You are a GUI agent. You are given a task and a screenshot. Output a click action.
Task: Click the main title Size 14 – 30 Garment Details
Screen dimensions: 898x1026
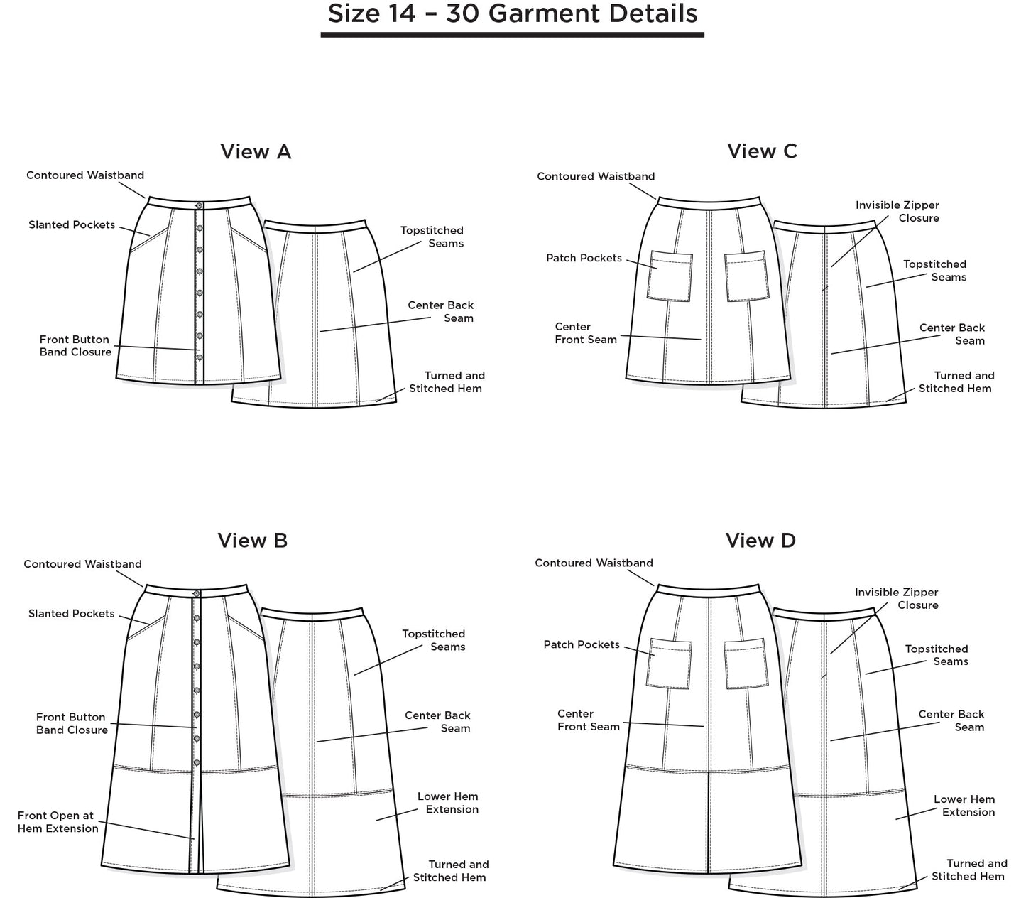(512, 13)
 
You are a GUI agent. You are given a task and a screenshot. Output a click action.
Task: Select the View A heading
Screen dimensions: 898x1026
(256, 151)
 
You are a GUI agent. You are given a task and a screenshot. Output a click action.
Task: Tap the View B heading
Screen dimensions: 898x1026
(253, 541)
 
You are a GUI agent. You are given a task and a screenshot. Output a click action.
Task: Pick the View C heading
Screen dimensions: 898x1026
(762, 151)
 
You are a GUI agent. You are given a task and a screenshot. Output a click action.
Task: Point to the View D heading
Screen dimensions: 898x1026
(760, 541)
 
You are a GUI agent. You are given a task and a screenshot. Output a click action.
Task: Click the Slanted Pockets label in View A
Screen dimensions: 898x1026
(72, 225)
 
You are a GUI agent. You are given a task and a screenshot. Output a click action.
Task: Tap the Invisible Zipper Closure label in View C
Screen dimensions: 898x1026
(897, 212)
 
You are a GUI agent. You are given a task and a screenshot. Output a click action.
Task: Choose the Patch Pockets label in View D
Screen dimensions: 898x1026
(582, 645)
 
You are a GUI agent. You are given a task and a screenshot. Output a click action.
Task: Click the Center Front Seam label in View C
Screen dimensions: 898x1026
(586, 333)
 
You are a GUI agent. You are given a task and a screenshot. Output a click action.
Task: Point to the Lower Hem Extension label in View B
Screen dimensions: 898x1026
(448, 803)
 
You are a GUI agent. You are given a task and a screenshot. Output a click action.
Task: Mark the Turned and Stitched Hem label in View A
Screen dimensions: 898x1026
(447, 382)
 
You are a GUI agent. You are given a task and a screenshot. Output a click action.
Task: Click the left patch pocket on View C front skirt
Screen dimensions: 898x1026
(670, 276)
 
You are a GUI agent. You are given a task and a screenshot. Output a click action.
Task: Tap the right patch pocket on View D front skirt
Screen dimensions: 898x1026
(746, 664)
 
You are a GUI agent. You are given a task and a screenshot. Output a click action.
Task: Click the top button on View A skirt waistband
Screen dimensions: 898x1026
(200, 206)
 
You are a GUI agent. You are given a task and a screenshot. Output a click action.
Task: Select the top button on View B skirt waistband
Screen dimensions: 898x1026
(197, 594)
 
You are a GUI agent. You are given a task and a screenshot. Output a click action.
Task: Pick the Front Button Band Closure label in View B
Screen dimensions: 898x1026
(72, 724)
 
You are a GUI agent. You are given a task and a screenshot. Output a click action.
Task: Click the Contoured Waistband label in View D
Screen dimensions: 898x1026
(594, 563)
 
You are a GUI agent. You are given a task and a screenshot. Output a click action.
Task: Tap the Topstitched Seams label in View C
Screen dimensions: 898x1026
(934, 271)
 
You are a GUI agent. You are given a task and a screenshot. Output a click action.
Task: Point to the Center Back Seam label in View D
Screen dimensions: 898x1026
(951, 720)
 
